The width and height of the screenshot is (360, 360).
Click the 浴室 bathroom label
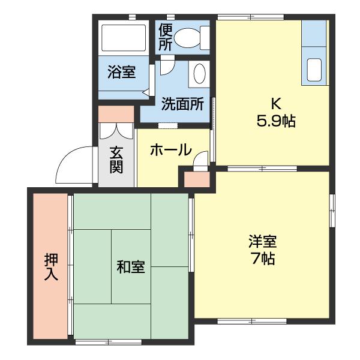(x=121, y=73)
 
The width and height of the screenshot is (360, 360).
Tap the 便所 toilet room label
(x=166, y=37)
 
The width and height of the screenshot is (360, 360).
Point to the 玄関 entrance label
(x=116, y=158)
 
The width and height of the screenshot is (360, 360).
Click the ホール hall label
(x=170, y=149)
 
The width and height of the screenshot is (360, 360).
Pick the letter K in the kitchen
(x=275, y=102)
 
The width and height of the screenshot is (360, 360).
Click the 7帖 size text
(x=262, y=259)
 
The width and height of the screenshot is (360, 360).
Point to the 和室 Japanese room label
(x=130, y=266)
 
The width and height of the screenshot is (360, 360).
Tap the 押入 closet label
(x=51, y=267)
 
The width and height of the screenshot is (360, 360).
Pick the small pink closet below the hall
(x=197, y=178)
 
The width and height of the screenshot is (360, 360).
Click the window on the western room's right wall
(x=332, y=210)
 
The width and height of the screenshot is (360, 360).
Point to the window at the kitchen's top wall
(x=242, y=17)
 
